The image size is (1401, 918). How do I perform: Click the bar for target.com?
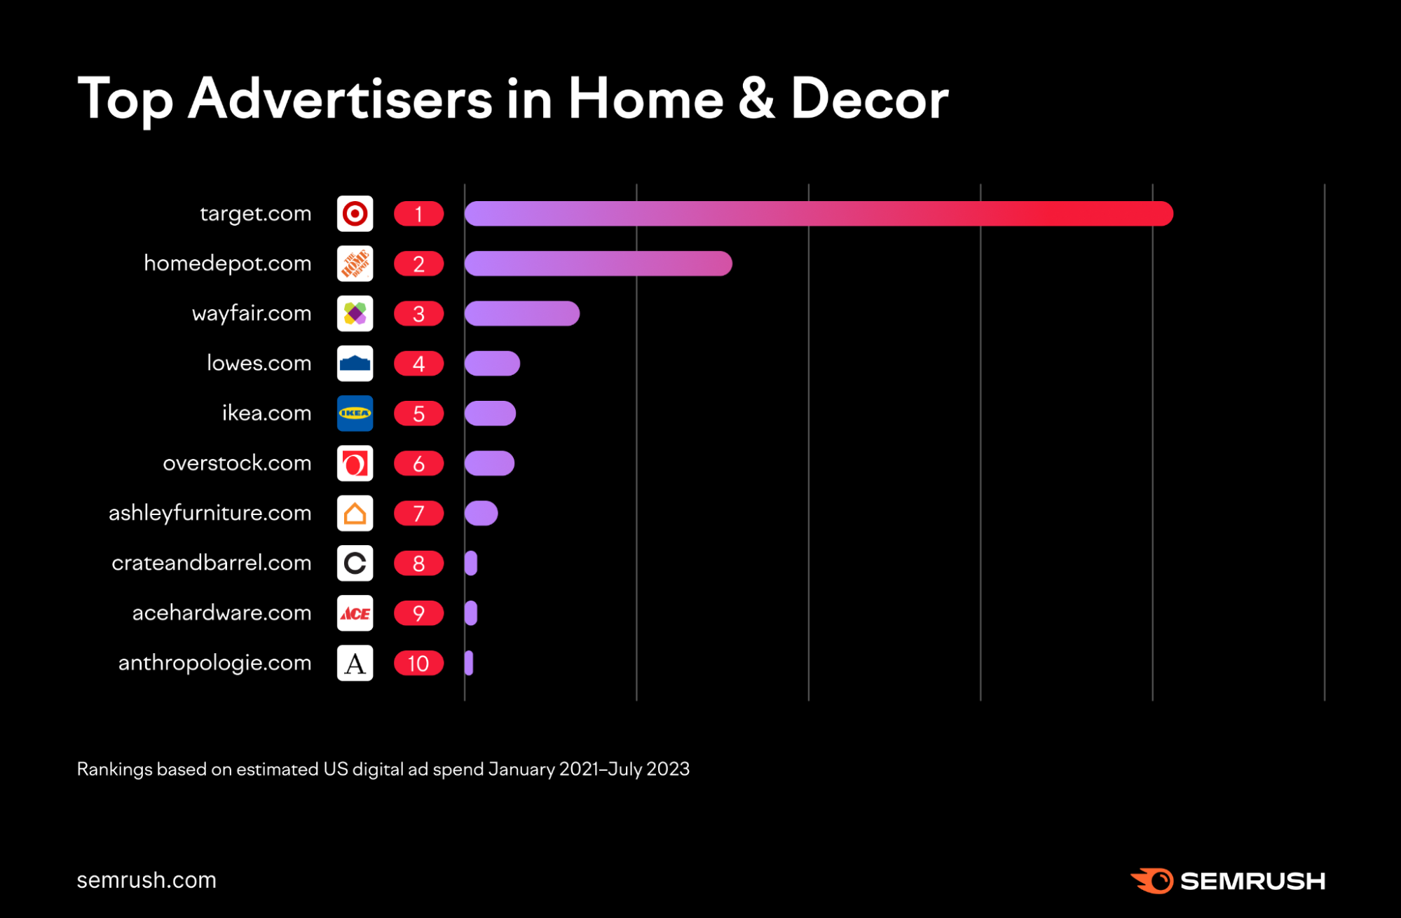point(819,214)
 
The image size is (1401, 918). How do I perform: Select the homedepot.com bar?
point(598,263)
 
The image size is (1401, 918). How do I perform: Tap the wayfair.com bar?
point(521,313)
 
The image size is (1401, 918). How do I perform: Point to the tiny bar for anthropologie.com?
point(469,663)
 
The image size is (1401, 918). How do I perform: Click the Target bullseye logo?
point(355,214)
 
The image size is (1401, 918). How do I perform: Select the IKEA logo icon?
point(355,413)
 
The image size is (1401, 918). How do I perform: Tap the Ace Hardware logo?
point(355,613)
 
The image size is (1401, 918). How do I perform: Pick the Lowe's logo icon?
point(355,364)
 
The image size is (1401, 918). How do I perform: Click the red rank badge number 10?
point(418,663)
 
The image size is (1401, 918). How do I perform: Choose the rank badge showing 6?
point(418,463)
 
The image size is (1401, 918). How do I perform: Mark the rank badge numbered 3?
point(418,313)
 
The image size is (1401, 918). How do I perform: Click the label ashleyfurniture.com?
point(210,513)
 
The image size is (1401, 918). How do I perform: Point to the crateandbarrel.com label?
point(211,563)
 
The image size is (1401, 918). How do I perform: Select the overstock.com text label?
point(237,463)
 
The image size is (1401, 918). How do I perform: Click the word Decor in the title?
point(869,99)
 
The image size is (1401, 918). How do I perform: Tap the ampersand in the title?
point(756,99)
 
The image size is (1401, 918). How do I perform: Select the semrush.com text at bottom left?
point(146,880)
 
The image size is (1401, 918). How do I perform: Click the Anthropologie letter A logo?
point(355,663)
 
